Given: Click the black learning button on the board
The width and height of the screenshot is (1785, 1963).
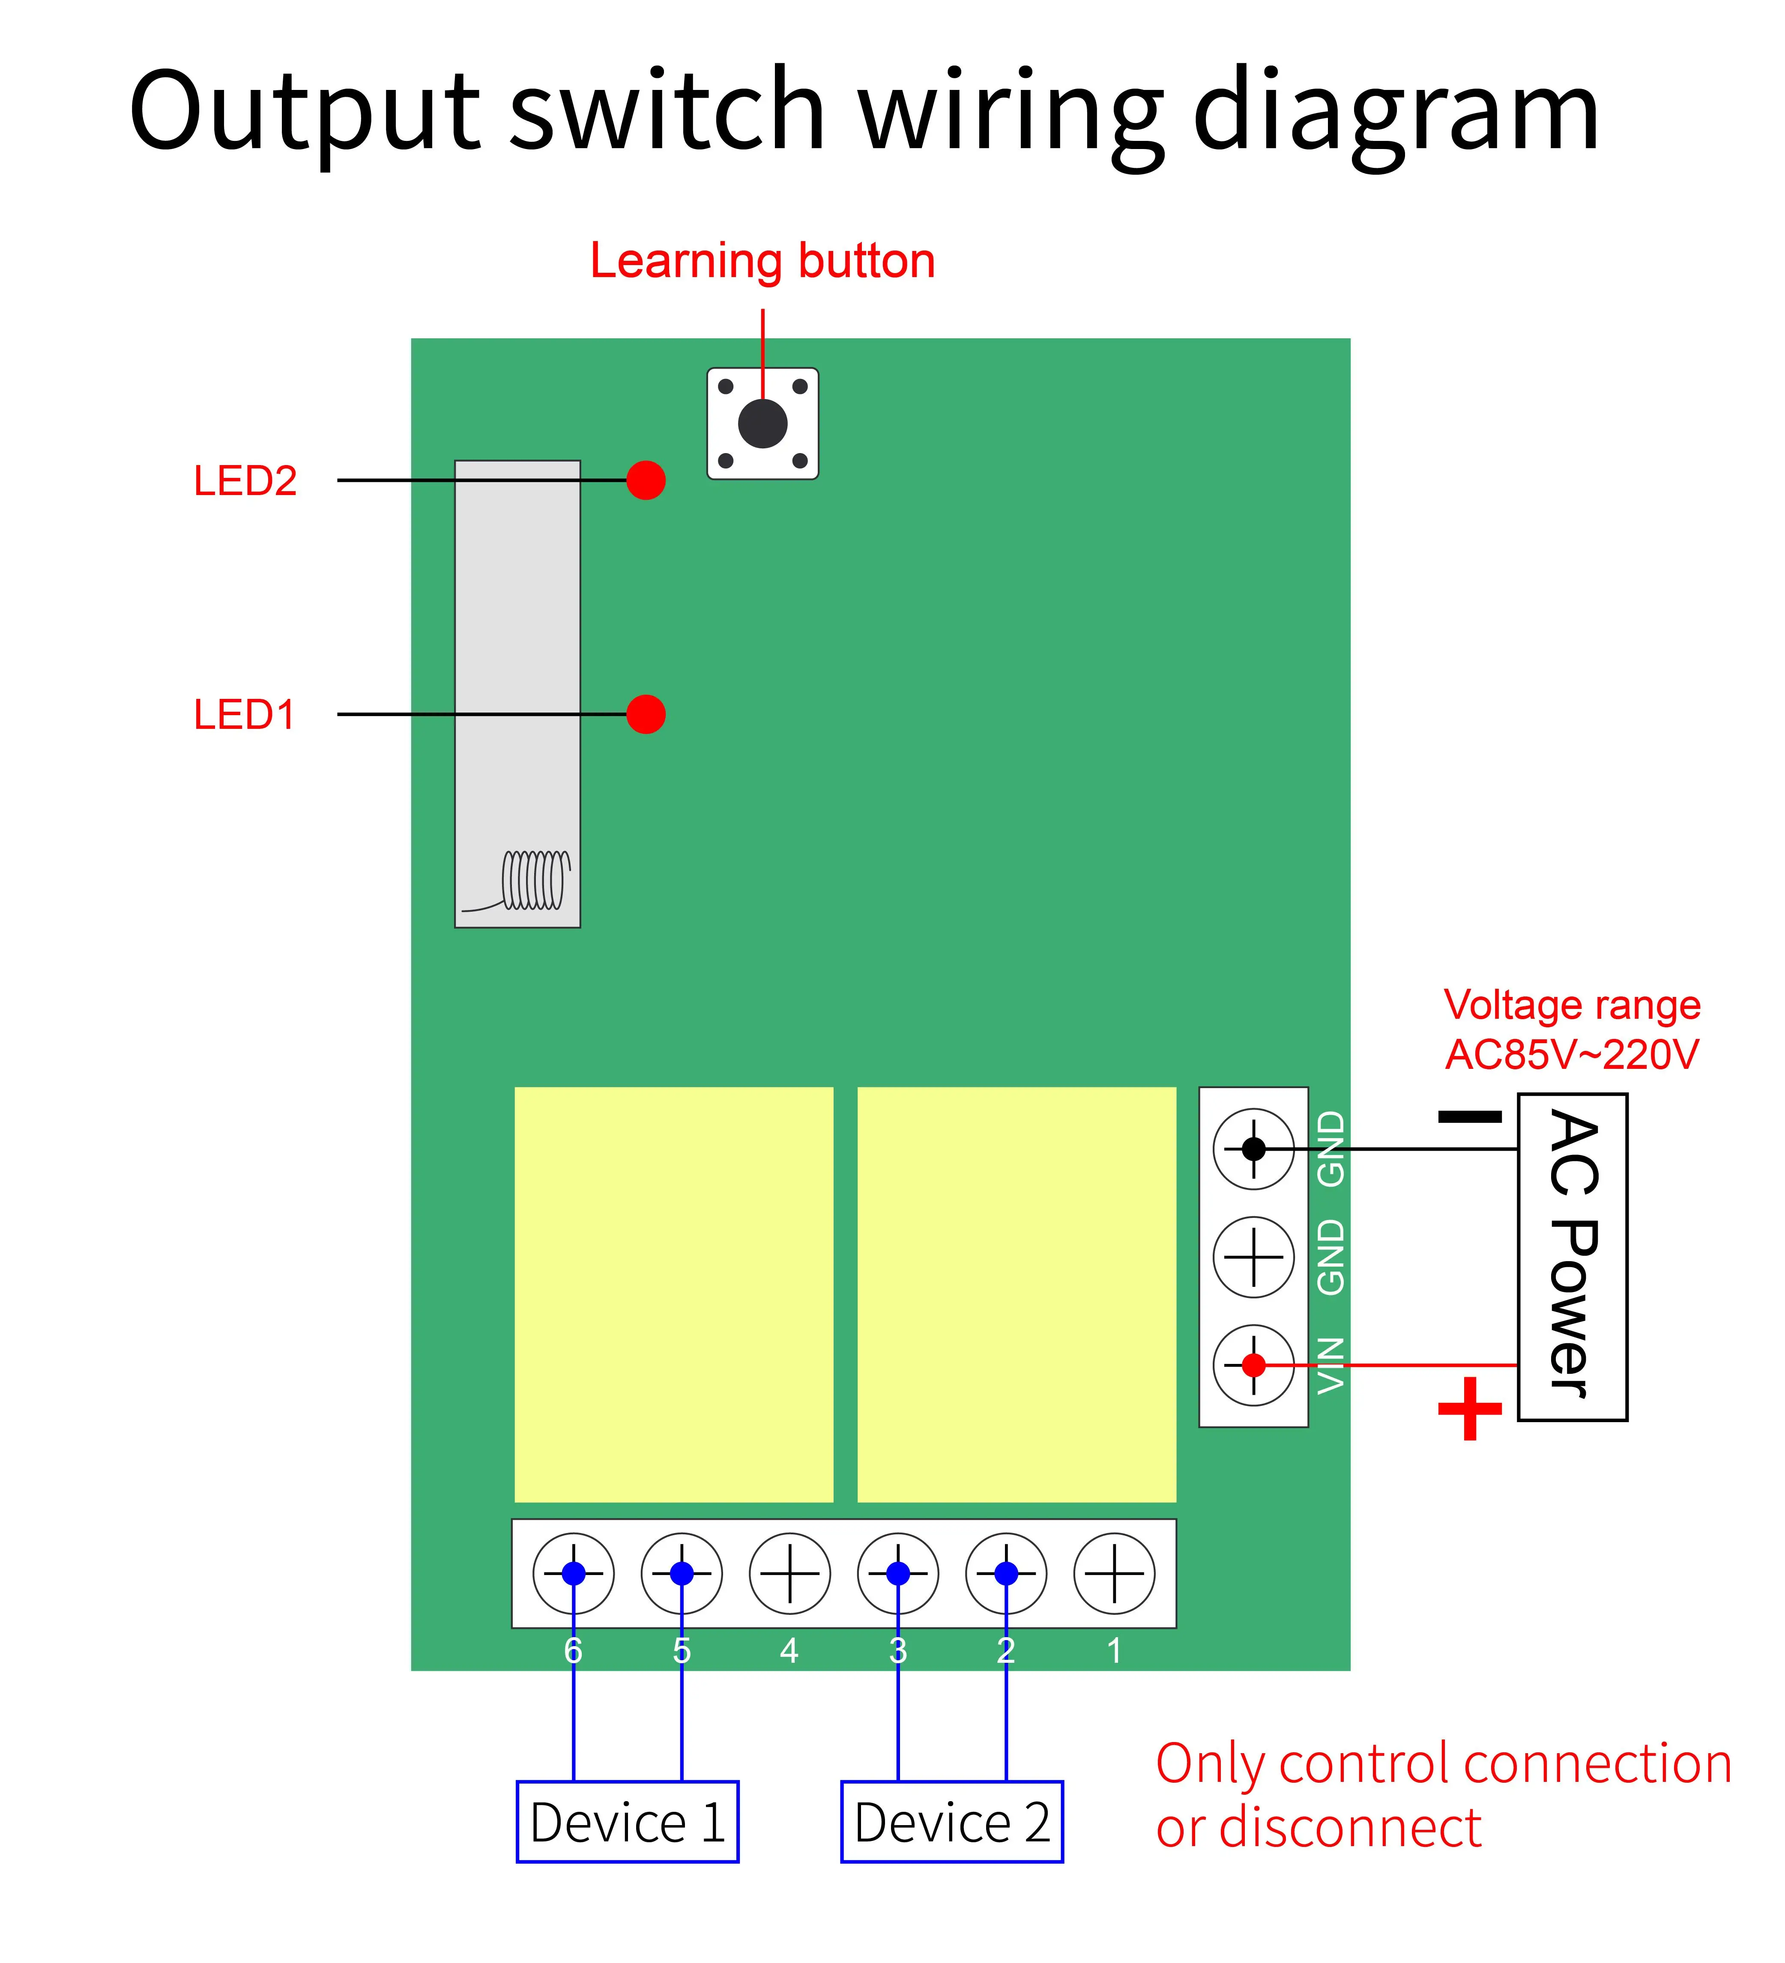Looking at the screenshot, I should coord(762,424).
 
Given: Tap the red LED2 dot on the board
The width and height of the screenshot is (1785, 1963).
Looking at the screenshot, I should coord(646,480).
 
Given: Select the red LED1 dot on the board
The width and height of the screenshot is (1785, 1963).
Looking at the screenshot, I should coord(646,714).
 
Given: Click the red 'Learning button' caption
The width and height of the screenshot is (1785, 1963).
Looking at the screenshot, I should coord(762,261).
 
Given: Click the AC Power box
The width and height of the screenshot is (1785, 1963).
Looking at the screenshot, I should coord(1572,1256).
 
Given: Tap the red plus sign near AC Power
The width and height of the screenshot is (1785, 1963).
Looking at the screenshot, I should coord(1469,1408).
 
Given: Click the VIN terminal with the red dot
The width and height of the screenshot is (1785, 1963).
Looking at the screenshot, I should coord(1253,1365).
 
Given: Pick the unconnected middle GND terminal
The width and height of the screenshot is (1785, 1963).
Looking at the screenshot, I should coord(1253,1257).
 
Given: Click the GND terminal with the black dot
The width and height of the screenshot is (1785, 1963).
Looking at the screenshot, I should coord(1253,1149).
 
